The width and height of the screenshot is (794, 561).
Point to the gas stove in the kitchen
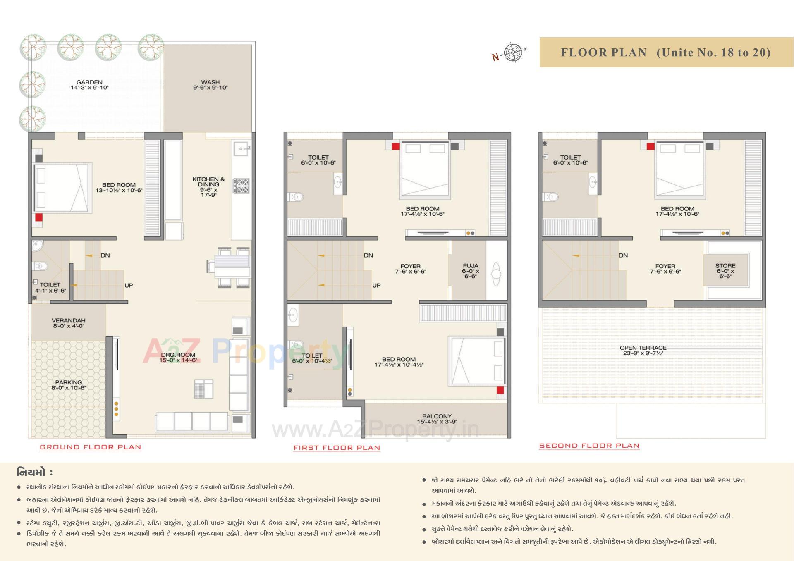coord(241,186)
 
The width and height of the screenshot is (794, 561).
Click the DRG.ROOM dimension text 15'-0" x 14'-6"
coord(178,360)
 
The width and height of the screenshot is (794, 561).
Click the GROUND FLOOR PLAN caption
coord(90,447)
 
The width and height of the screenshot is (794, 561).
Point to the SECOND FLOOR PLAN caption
coord(589,446)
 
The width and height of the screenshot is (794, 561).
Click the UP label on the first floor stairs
coord(376,285)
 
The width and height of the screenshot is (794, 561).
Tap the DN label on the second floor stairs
coord(623,255)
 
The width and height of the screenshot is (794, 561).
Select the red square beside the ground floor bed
coord(38,217)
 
